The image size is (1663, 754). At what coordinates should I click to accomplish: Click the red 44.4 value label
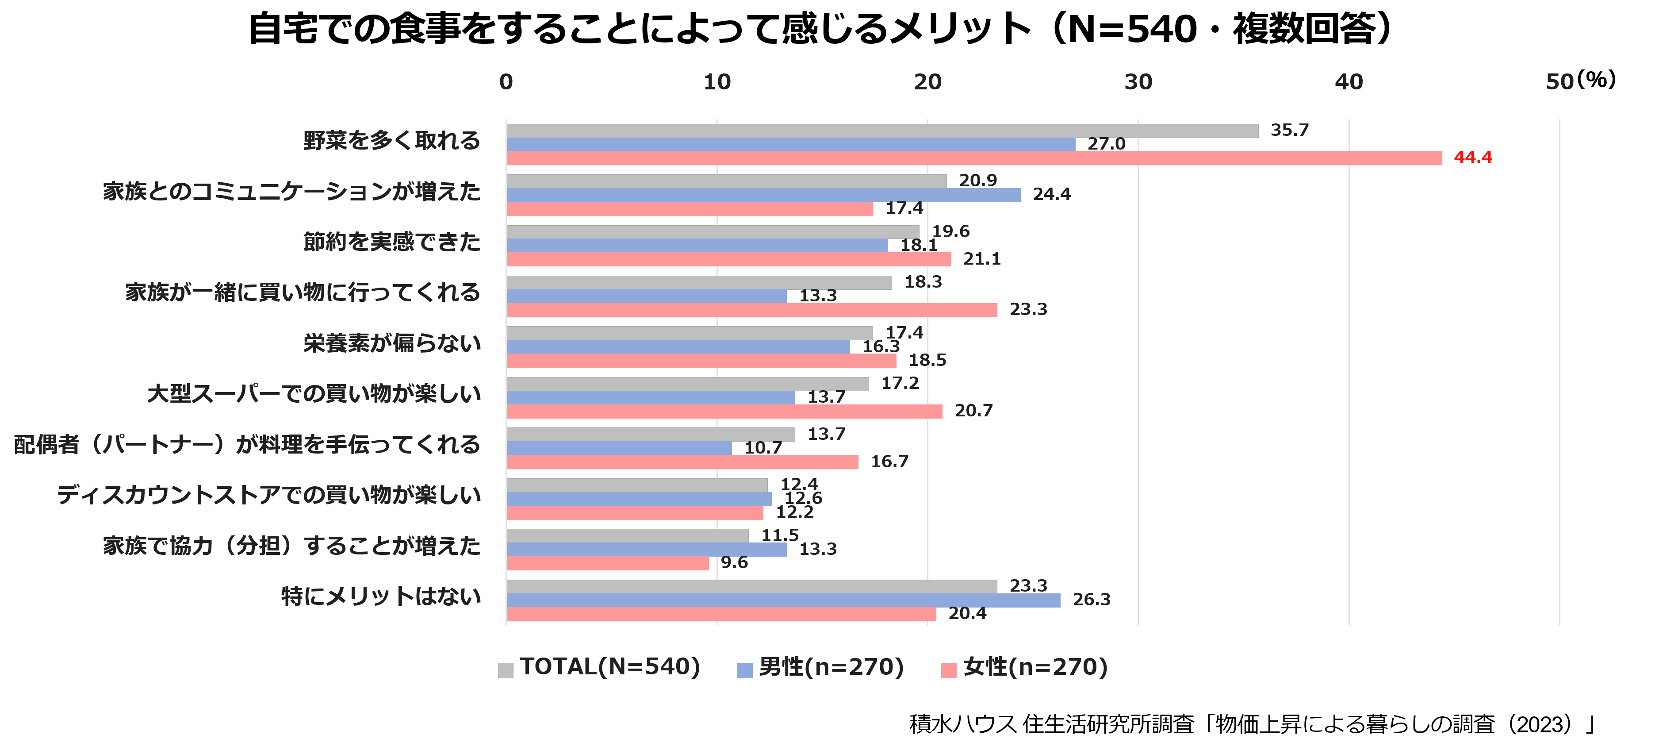[1472, 158]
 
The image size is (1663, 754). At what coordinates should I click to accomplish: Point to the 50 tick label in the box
[1560, 82]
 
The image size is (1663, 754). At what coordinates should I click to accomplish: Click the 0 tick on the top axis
[506, 82]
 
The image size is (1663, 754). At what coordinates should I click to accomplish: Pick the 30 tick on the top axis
[1138, 82]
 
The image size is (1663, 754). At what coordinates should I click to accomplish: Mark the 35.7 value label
[1289, 130]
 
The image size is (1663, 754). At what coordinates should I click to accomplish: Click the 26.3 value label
[1091, 600]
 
